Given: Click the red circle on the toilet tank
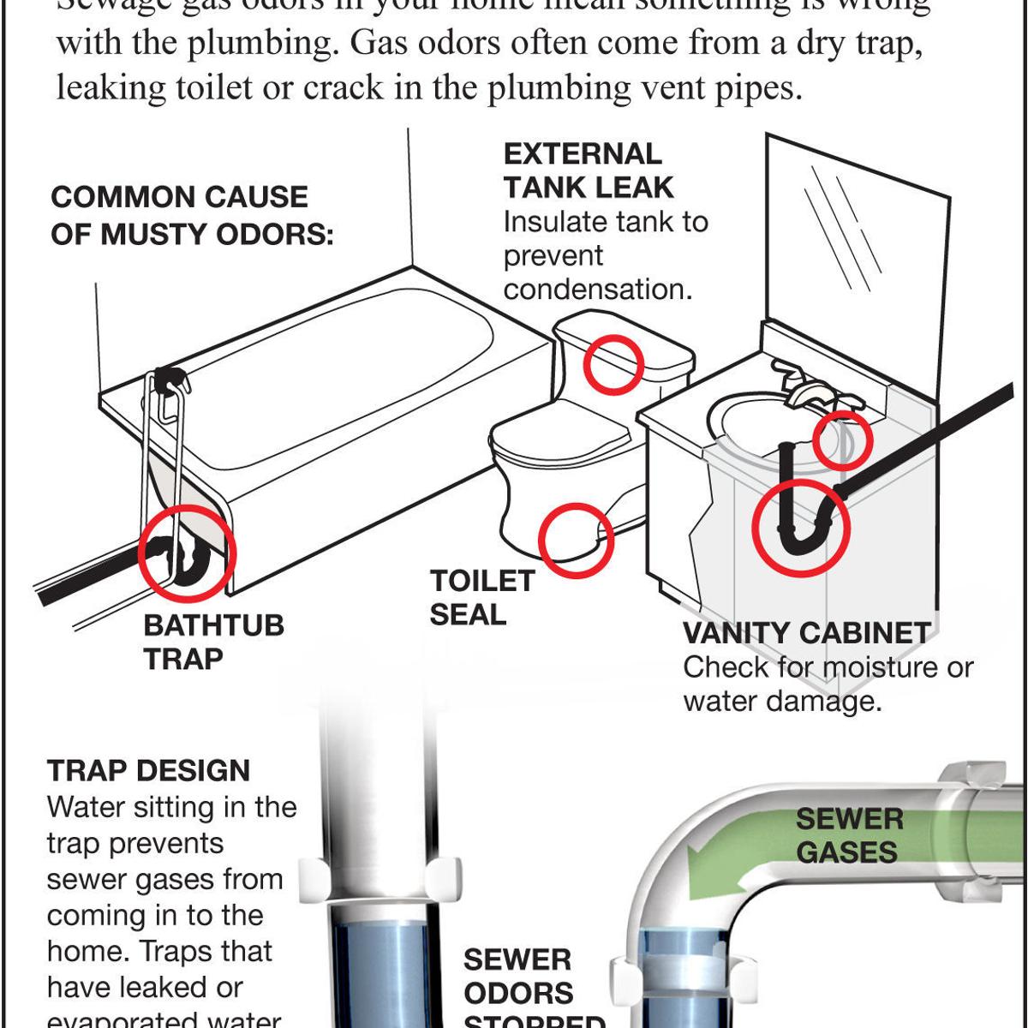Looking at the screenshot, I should point(613,363).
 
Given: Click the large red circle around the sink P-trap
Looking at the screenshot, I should point(801,528).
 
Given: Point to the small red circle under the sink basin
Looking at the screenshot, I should point(842,441).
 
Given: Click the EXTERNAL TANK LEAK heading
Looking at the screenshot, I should point(589,170).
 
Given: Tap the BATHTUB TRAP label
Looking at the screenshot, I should point(213,642).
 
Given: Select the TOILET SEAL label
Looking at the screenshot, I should point(481,597).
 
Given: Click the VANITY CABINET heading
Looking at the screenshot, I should point(806,633).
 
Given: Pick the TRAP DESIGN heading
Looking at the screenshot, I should point(148,770).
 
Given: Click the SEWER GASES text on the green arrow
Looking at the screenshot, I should point(848,835).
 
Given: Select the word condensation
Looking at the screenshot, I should point(597,290).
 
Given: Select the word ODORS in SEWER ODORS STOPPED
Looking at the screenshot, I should point(518,993).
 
